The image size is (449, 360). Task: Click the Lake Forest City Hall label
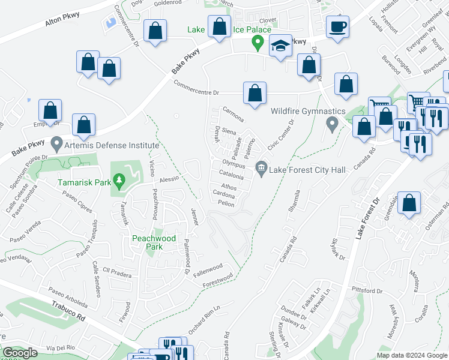point(308,170)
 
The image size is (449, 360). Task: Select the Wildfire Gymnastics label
point(307,111)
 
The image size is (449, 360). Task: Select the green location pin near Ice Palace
point(258,43)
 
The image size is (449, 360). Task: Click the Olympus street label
point(235,163)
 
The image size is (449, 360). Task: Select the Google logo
point(20,353)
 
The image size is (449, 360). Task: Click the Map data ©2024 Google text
point(412,355)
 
